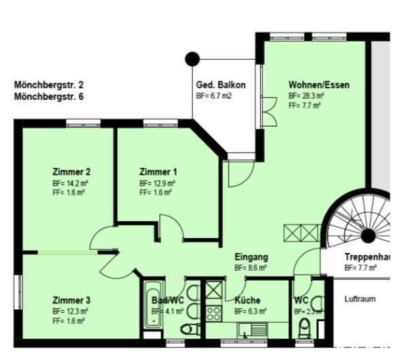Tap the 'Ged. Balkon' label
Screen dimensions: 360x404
pyautogui.click(x=220, y=85)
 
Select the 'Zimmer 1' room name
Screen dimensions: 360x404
pyautogui.click(x=158, y=171)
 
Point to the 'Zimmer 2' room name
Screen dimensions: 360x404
pyautogui.click(x=71, y=171)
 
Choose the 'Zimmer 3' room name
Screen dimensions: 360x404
pyautogui.click(x=71, y=300)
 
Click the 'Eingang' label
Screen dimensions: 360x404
pyautogui.click(x=251, y=257)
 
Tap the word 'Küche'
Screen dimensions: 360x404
pyautogui.click(x=248, y=300)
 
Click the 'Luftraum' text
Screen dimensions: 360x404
pyautogui.click(x=360, y=299)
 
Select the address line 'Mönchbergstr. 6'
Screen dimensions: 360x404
pyautogui.click(x=48, y=97)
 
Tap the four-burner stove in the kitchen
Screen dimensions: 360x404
pyautogui.click(x=214, y=314)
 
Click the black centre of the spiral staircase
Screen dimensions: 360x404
pyautogui.click(x=368, y=236)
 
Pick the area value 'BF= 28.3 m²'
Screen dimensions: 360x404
pyautogui.click(x=306, y=96)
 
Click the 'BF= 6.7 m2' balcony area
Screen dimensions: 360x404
pyautogui.click(x=214, y=97)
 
